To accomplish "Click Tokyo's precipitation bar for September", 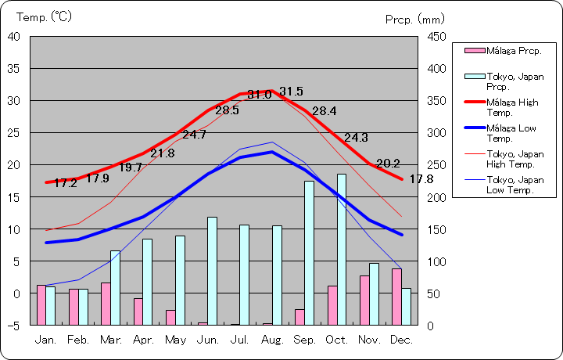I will [x=309, y=252].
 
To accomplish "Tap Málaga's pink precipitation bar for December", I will [x=396, y=297].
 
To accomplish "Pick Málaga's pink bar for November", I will [x=364, y=300].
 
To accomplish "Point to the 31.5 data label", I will [x=291, y=91].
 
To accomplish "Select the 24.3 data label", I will [x=355, y=138].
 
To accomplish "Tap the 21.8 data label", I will [x=162, y=153].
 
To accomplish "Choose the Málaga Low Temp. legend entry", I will [x=511, y=132].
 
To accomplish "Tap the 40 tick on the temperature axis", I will [x=15, y=36].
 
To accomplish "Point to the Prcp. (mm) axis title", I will [x=414, y=19].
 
